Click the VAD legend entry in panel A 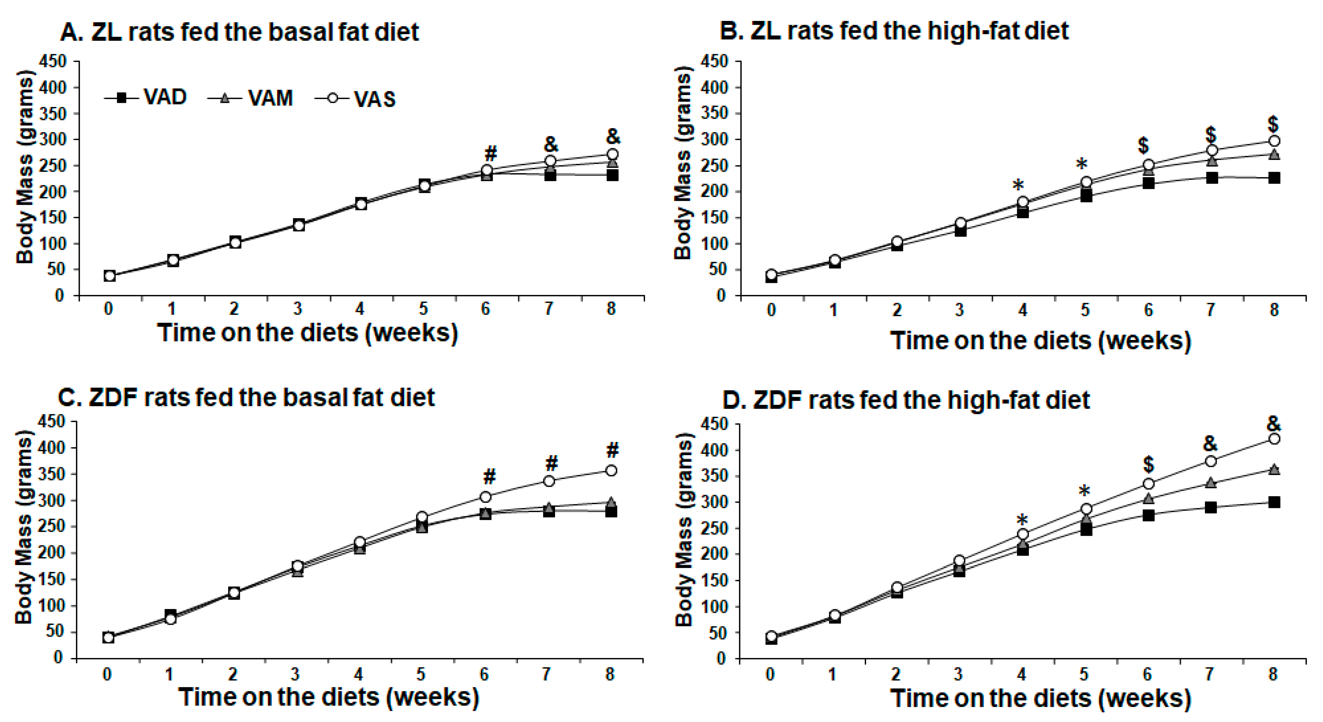[145, 97]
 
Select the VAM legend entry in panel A [250, 97]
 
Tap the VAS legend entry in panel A [355, 98]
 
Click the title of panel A [239, 31]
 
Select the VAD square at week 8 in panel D [1274, 502]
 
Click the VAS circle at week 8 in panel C [611, 470]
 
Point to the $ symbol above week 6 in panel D [1148, 464]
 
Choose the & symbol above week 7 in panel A [551, 145]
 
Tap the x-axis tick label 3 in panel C [295, 674]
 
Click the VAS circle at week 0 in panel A [109, 276]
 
